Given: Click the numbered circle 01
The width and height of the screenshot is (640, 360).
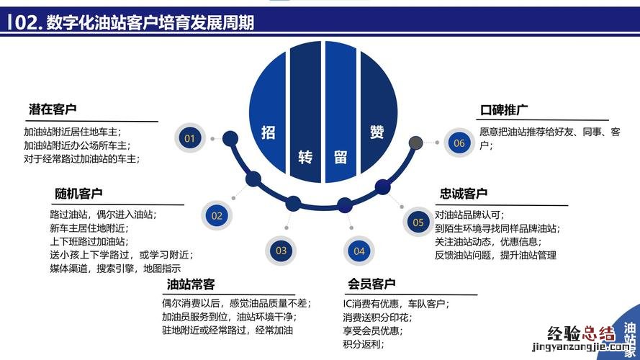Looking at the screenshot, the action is pyautogui.click(x=190, y=138).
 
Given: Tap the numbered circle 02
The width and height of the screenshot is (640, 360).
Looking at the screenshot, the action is pyautogui.click(x=217, y=215).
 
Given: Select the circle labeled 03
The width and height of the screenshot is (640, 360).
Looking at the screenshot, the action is pyautogui.click(x=281, y=251).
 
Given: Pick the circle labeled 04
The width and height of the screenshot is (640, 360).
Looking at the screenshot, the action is pyautogui.click(x=359, y=251).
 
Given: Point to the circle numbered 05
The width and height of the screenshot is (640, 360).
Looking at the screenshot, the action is pyautogui.click(x=418, y=222).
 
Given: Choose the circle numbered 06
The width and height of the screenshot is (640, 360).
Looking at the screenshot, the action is pyautogui.click(x=459, y=143).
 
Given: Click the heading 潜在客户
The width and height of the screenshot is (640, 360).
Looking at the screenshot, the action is pyautogui.click(x=53, y=109).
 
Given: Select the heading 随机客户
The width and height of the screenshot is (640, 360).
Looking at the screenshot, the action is pyautogui.click(x=78, y=194).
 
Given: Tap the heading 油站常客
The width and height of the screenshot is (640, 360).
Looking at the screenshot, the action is pyautogui.click(x=191, y=284).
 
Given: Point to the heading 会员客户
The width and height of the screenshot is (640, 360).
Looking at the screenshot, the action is pyautogui.click(x=371, y=284).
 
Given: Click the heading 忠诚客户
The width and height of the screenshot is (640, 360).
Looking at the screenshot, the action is pyautogui.click(x=464, y=193).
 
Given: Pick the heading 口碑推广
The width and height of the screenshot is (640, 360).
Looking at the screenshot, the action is pyautogui.click(x=504, y=109).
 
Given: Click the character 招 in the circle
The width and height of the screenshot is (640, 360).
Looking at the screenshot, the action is pyautogui.click(x=268, y=132).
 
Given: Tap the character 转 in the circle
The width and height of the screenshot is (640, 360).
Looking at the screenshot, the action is pyautogui.click(x=305, y=157).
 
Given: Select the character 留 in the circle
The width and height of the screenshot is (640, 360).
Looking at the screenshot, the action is pyautogui.click(x=341, y=157).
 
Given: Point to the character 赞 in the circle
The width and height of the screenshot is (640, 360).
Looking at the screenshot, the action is pyautogui.click(x=377, y=132).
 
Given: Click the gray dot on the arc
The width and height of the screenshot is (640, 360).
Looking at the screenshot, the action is pyautogui.click(x=415, y=143).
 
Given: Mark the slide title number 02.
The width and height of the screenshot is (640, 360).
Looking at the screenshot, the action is pyautogui.click(x=28, y=22).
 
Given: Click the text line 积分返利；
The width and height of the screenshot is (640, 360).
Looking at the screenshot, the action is pyautogui.click(x=364, y=344).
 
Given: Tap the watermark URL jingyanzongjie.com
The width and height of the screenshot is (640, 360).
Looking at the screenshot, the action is pyautogui.click(x=581, y=347).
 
